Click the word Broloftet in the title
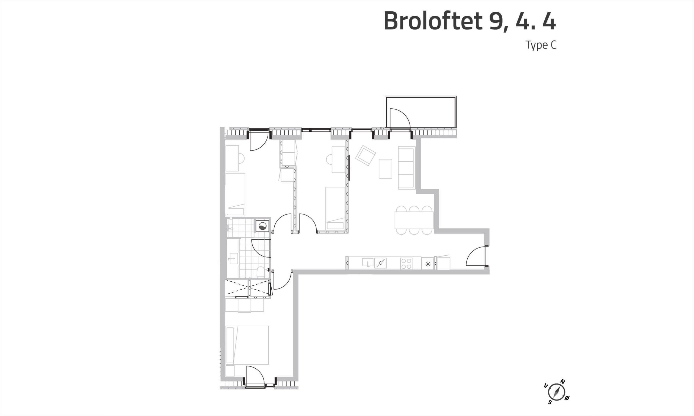pyautogui.click(x=433, y=21)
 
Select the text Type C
pyautogui.click(x=541, y=45)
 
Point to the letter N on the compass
pyautogui.click(x=563, y=389)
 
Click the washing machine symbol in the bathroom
pyautogui.click(x=262, y=226)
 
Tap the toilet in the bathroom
pyautogui.click(x=260, y=272)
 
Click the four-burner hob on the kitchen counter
pyautogui.click(x=406, y=264)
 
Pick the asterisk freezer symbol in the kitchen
pyautogui.click(x=428, y=264)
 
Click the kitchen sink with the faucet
pyautogui.click(x=368, y=263)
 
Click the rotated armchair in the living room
pyautogui.click(x=365, y=155)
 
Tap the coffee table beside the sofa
pyautogui.click(x=385, y=169)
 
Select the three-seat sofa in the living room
pyautogui.click(x=407, y=168)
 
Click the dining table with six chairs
pyautogui.click(x=414, y=220)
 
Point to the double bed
pyautogui.click(x=247, y=345)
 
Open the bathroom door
pyautogui.click(x=261, y=248)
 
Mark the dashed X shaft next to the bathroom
pyautogui.click(x=248, y=288)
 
